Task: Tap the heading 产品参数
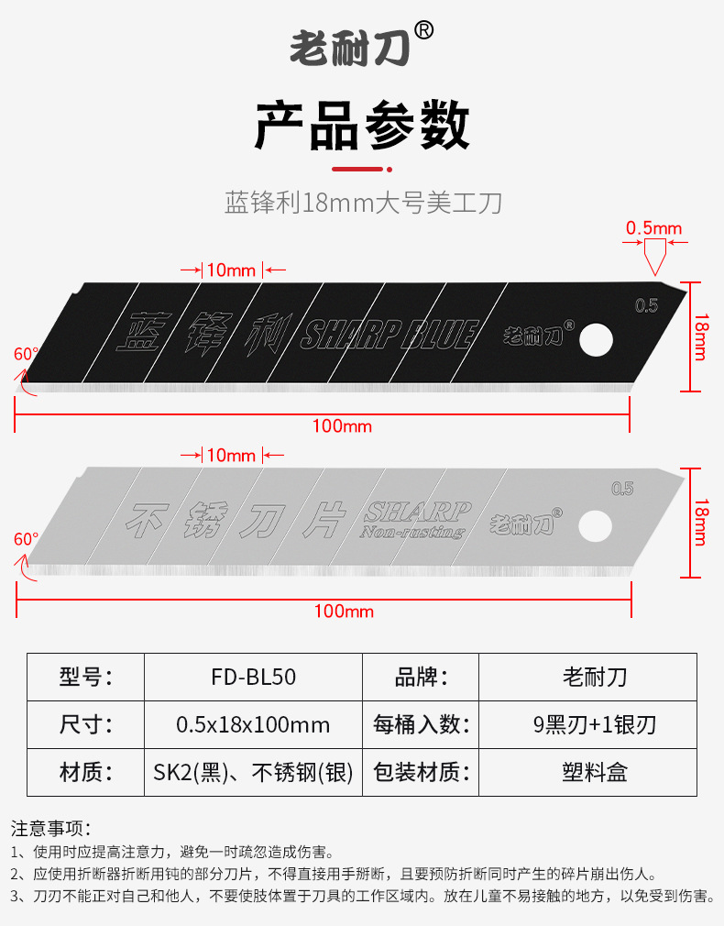coord(362,126)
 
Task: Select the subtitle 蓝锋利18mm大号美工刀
coord(363,202)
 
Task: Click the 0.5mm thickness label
coord(653,228)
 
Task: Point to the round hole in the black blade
coord(597,338)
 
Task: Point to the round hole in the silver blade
coord(596,525)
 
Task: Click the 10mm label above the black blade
coord(231,270)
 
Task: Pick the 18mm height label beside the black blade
coord(700,336)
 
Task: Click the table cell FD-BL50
coord(253,677)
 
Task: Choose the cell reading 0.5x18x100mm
coord(253,724)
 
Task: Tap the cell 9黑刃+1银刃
coord(595,724)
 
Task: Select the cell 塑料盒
coord(595,772)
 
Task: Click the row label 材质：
coord(85,772)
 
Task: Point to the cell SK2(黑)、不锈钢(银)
coord(253,772)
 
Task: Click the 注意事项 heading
coord(51,829)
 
